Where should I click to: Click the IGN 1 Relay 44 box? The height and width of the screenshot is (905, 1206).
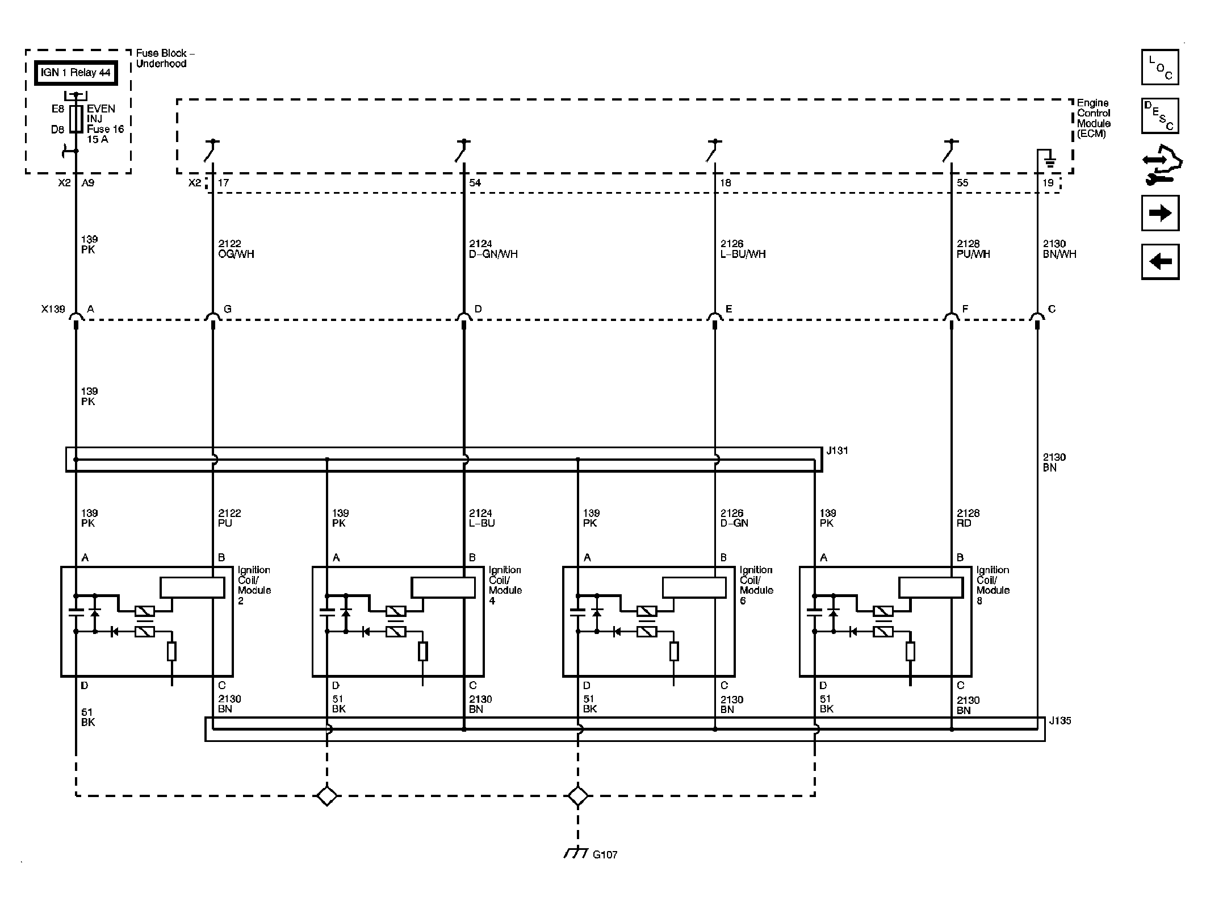click(x=76, y=73)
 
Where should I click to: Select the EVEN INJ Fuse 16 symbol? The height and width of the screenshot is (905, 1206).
click(x=76, y=119)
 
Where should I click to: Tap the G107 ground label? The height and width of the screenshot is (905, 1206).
click(x=605, y=870)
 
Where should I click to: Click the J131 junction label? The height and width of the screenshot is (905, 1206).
click(x=837, y=451)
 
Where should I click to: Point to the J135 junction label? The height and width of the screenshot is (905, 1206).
click(x=1060, y=721)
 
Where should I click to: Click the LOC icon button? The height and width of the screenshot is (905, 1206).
click(x=1160, y=68)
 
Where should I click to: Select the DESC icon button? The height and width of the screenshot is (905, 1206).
click(x=1160, y=116)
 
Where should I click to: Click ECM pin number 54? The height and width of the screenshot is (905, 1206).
click(x=475, y=183)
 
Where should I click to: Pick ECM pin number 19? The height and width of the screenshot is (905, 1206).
click(x=1048, y=183)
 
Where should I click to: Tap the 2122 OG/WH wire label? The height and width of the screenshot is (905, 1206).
click(x=236, y=249)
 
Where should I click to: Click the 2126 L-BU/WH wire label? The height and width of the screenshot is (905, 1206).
click(x=743, y=249)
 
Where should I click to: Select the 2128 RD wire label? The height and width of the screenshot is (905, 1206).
click(x=968, y=518)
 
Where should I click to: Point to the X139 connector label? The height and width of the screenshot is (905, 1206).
click(x=53, y=310)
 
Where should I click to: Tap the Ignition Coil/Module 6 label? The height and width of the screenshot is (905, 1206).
click(x=756, y=585)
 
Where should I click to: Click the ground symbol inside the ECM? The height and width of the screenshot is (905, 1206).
click(x=1050, y=162)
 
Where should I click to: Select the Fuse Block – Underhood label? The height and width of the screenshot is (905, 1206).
click(x=165, y=59)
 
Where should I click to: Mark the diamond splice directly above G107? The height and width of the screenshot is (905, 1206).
click(x=578, y=795)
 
